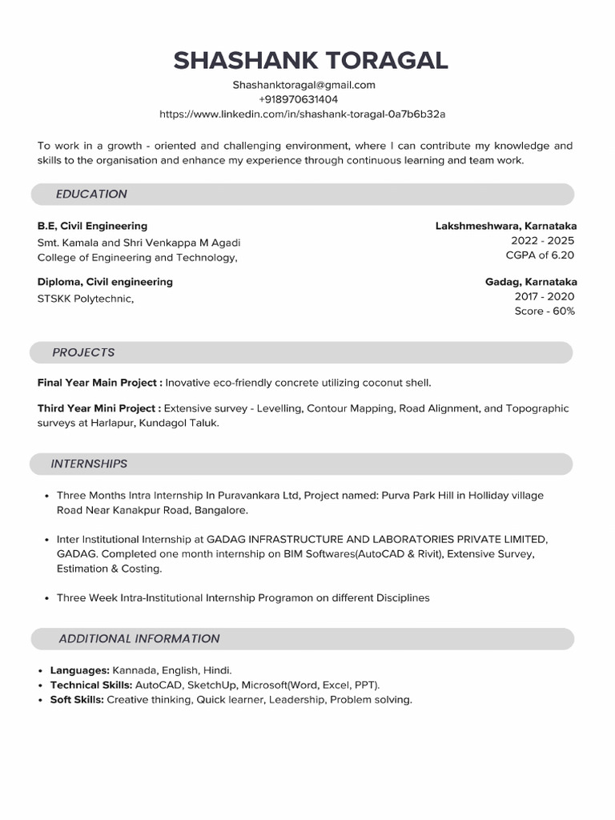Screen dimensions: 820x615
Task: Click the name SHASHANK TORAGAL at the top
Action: [x=311, y=60]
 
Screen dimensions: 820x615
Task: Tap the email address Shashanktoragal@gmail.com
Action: [x=303, y=85]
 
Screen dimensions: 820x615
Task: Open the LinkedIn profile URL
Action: [x=303, y=115]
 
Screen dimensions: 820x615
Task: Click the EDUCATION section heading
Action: [x=91, y=194]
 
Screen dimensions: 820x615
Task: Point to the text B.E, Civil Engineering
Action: [x=92, y=226]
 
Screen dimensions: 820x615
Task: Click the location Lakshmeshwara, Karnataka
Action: [x=506, y=226]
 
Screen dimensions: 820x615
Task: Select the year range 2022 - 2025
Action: [x=542, y=240]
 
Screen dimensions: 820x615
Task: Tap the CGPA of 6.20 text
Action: [x=540, y=255]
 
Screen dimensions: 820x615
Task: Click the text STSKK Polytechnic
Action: [x=85, y=299]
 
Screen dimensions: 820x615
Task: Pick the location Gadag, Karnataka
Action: [x=531, y=282]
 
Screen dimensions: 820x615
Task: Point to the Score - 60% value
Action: [x=545, y=311]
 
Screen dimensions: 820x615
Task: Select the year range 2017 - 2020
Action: [x=545, y=296]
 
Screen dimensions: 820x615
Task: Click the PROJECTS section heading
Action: [x=83, y=352]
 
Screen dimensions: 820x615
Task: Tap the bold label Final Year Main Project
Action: [x=99, y=383]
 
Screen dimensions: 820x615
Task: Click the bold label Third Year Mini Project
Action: [x=98, y=408]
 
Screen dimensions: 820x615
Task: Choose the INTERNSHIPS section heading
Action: [x=89, y=464]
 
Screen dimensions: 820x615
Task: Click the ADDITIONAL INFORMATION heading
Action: [x=139, y=639]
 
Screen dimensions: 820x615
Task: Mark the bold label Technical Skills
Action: [x=90, y=685]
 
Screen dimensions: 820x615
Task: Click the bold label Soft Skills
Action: [x=77, y=700]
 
